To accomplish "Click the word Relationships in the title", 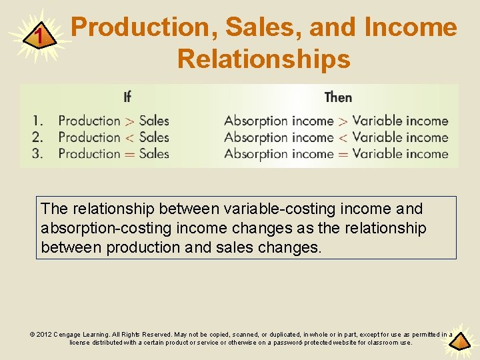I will pyautogui.click(x=263, y=59).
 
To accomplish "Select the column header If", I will pyautogui.click(x=127, y=97).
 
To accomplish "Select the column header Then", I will pyautogui.click(x=338, y=97).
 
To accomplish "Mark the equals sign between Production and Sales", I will pyautogui.click(x=130, y=154).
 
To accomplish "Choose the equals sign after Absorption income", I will pyautogui.click(x=343, y=154).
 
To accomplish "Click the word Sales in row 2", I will pyautogui.click(x=154, y=137).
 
